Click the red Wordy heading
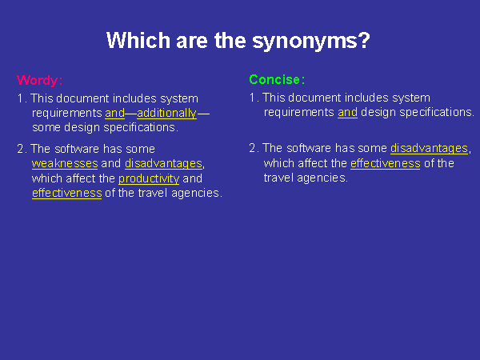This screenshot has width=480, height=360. [x=38, y=80]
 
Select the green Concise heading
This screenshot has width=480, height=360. [x=274, y=79]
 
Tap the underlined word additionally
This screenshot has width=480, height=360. [x=166, y=114]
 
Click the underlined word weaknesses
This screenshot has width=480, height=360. [x=65, y=163]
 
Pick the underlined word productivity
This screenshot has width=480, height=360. [x=149, y=178]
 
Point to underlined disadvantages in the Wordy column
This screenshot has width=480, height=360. [x=163, y=164]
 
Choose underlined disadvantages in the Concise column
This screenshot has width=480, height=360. [x=429, y=149]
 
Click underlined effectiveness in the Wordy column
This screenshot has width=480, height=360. [x=66, y=193]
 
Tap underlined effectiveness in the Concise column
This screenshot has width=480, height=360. [x=385, y=163]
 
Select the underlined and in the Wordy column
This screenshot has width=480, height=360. [x=114, y=114]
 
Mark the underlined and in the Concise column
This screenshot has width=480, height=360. [x=347, y=112]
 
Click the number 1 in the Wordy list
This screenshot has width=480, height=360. [x=20, y=98]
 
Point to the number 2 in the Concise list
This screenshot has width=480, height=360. [x=252, y=148]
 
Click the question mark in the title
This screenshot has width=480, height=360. [x=364, y=40]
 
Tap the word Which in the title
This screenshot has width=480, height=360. [x=138, y=40]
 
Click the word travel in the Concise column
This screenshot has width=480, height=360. [x=278, y=178]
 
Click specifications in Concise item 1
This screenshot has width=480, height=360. [x=436, y=113]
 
